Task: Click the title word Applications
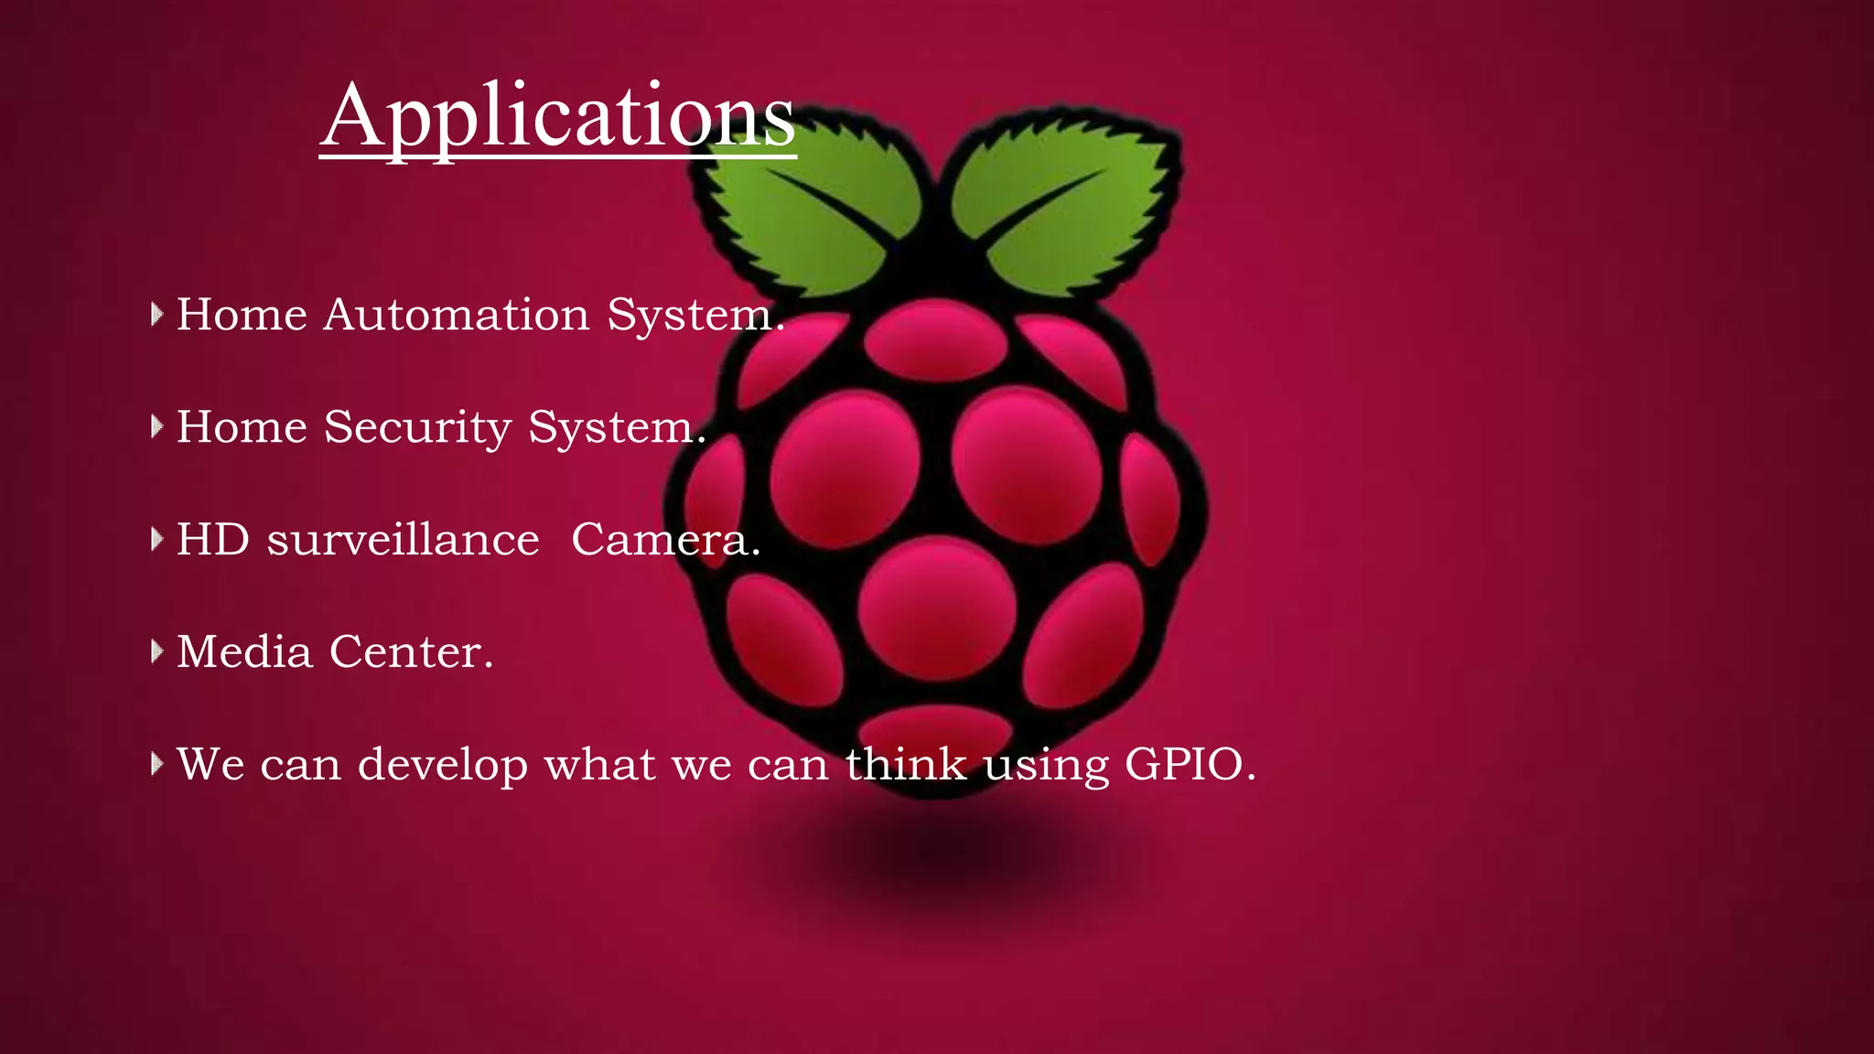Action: coord(558,117)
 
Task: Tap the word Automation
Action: coord(457,315)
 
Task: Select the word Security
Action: coord(417,427)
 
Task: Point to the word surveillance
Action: coord(403,540)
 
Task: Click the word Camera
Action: coord(665,540)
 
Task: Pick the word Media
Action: coord(244,652)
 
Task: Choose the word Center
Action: coord(411,652)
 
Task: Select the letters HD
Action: coord(212,540)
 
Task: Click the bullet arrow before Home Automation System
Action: coord(156,315)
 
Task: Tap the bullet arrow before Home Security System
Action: coord(156,426)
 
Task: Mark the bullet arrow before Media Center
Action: coord(156,651)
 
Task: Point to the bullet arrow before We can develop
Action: coord(156,763)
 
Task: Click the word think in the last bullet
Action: coord(905,764)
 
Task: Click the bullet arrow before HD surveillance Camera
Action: coord(156,539)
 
